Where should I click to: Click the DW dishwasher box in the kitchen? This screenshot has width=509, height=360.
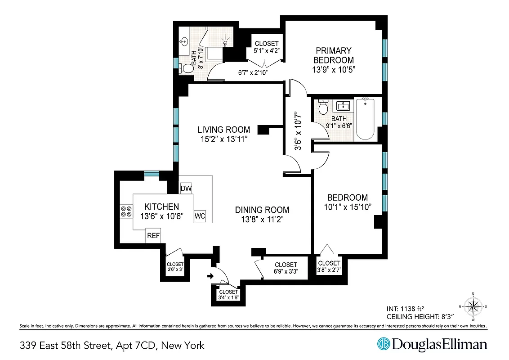186,188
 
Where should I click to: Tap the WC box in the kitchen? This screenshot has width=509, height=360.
200,216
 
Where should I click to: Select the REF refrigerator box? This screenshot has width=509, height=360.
153,235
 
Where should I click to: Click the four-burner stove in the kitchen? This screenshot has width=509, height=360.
126,211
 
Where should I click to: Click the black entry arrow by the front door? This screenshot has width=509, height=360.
210,276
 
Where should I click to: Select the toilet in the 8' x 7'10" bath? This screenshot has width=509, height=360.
185,68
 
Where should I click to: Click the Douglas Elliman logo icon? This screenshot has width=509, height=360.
383,344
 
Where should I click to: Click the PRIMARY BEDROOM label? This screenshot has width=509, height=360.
333,55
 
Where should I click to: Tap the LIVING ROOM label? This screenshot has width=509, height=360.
224,130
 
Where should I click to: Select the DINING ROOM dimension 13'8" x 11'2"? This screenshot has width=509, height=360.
262,220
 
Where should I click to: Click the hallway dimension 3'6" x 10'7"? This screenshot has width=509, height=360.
297,132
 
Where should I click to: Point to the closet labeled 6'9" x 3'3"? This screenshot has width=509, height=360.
286,268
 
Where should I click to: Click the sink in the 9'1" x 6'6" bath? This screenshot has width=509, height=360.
344,106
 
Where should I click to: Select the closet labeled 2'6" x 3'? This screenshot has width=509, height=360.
175,267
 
